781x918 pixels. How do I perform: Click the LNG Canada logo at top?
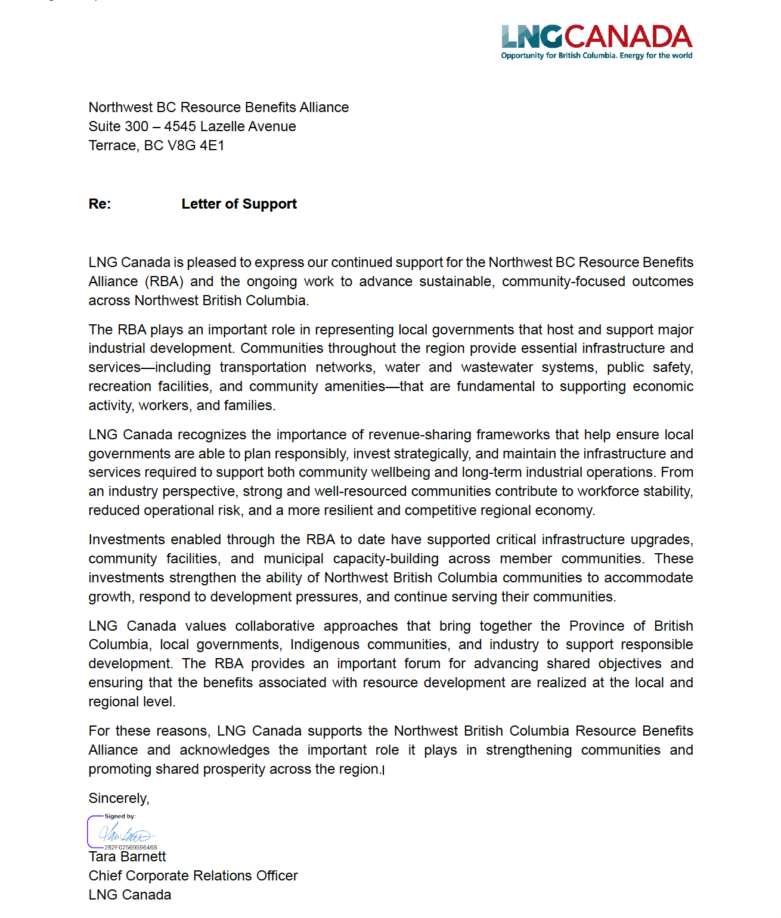click(597, 36)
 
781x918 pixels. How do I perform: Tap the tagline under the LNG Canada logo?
click(597, 55)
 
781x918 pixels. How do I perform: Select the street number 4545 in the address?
click(180, 126)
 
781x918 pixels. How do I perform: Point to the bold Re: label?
click(100, 204)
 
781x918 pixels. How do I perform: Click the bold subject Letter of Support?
click(239, 204)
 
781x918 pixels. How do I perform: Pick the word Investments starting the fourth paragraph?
click(126, 539)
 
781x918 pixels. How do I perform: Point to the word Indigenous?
click(325, 644)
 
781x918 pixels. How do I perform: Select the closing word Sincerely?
click(118, 798)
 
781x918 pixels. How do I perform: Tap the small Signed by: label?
click(120, 816)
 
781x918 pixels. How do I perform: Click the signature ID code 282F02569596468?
click(131, 847)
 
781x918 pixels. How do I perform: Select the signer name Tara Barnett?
click(127, 857)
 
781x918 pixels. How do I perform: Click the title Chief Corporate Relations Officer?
click(193, 876)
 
